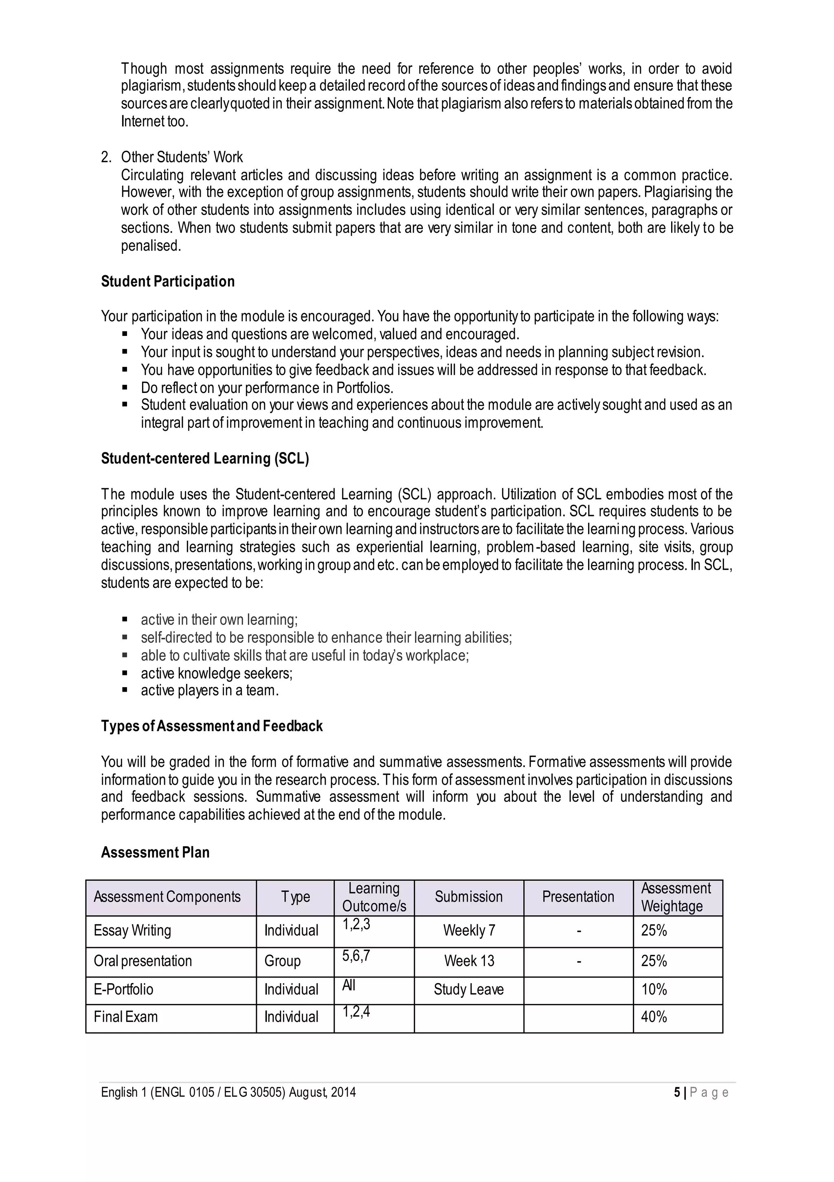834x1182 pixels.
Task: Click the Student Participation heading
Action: pyautogui.click(x=168, y=282)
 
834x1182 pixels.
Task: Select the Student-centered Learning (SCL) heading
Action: pyautogui.click(x=205, y=458)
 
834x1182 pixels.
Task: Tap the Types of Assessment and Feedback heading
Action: pyautogui.click(x=211, y=726)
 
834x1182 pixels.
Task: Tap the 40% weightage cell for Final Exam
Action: pyautogui.click(x=654, y=1017)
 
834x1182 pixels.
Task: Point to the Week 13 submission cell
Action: pyautogui.click(x=469, y=961)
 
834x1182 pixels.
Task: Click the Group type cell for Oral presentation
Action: pyautogui.click(x=283, y=961)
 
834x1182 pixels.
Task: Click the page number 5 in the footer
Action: pyautogui.click(x=677, y=1092)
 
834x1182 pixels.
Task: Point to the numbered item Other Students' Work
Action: pyautogui.click(x=182, y=157)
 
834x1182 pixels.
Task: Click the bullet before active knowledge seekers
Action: pyautogui.click(x=125, y=673)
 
